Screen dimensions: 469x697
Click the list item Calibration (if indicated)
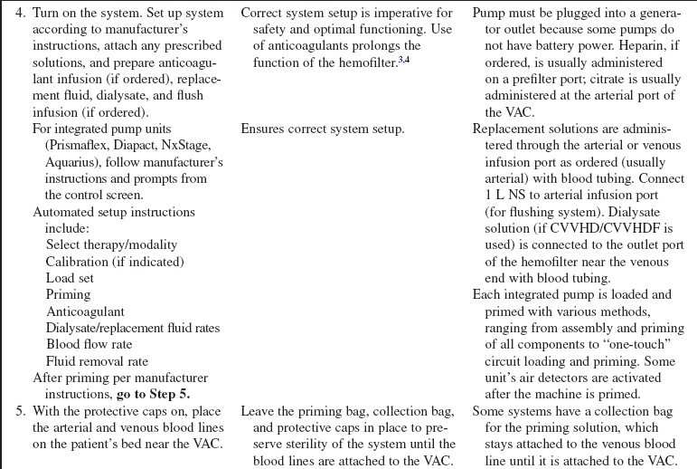(114, 262)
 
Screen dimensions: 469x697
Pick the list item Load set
(70, 278)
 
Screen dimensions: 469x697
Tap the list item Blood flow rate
(89, 344)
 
